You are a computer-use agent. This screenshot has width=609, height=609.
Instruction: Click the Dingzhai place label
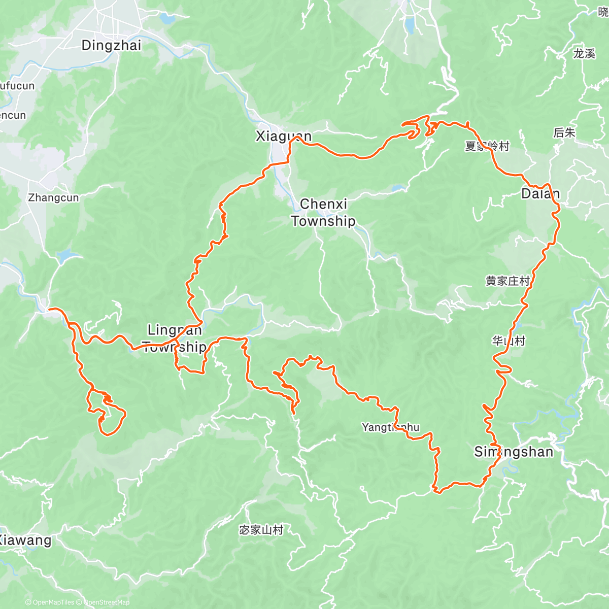pyautogui.click(x=111, y=45)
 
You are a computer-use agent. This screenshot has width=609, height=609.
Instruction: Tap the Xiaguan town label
pyautogui.click(x=283, y=136)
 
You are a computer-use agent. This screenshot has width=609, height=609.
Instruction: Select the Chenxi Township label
pyautogui.click(x=323, y=213)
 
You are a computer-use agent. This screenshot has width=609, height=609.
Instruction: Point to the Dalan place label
pyautogui.click(x=540, y=193)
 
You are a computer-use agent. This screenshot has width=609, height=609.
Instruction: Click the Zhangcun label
pyautogui.click(x=53, y=198)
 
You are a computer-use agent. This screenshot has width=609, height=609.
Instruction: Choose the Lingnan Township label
pyautogui.click(x=175, y=339)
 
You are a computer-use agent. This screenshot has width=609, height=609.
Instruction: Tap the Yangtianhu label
pyautogui.click(x=390, y=427)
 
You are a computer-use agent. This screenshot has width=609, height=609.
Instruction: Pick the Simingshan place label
pyautogui.click(x=513, y=452)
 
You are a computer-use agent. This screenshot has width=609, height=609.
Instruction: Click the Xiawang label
pyautogui.click(x=25, y=540)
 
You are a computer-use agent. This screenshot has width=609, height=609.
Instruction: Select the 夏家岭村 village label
pyautogui.click(x=487, y=147)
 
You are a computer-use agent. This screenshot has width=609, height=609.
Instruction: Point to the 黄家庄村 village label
pyautogui.click(x=507, y=281)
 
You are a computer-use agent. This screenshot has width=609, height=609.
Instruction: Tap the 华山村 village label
pyautogui.click(x=508, y=341)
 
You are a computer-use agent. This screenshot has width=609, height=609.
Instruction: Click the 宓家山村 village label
pyautogui.click(x=261, y=530)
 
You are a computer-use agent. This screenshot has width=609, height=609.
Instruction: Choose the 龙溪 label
pyautogui.click(x=584, y=54)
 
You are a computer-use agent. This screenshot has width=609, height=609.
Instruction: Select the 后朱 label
pyautogui.click(x=564, y=133)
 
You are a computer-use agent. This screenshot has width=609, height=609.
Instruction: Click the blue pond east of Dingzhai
pyautogui.click(x=165, y=19)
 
